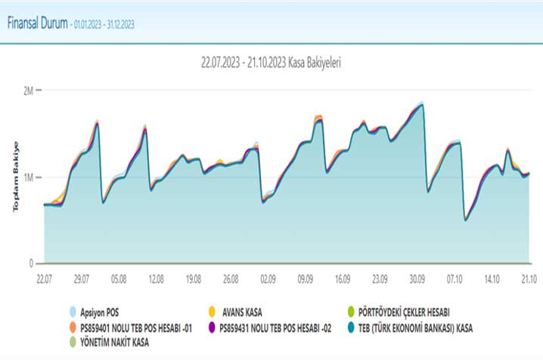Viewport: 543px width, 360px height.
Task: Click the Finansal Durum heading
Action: click(36, 23)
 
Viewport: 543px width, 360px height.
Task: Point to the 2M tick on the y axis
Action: click(29, 91)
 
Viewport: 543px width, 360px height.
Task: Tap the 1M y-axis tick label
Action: click(29, 178)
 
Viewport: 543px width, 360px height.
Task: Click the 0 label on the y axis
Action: click(31, 264)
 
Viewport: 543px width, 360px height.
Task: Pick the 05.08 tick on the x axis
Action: click(119, 278)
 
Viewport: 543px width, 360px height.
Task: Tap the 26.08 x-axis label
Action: click(231, 278)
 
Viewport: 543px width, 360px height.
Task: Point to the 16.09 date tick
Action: click(343, 278)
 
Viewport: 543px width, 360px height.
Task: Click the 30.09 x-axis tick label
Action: click(417, 278)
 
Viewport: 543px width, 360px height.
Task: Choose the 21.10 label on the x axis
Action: click(529, 278)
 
